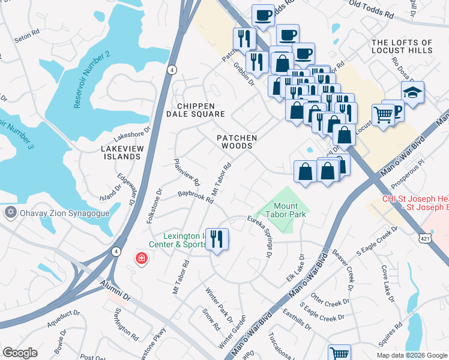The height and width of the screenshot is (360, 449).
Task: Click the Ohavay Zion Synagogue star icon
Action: (10, 213)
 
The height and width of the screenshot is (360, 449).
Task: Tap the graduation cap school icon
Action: (412, 93)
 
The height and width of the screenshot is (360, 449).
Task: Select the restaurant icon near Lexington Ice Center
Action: (217, 239)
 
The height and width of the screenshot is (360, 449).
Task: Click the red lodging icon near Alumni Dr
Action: (141, 259)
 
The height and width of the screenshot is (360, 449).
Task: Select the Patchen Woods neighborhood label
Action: (237, 142)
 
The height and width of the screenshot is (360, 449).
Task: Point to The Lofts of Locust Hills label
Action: (402, 47)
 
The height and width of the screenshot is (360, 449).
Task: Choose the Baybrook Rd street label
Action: (196, 197)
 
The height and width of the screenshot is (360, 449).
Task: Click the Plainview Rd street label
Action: (187, 171)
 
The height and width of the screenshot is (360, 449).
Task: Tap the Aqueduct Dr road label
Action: (64, 319)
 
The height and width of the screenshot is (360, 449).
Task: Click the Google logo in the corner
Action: (20, 353)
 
